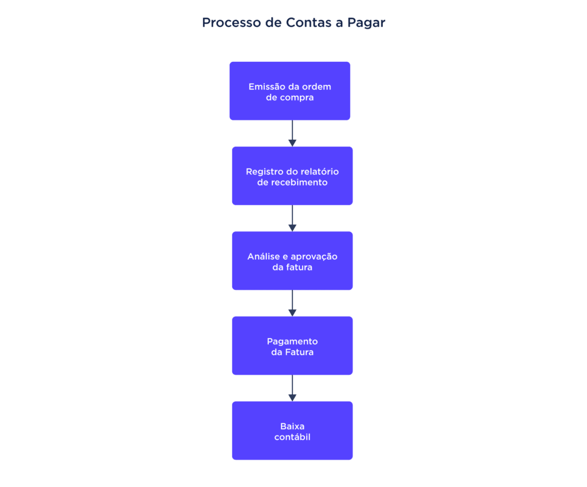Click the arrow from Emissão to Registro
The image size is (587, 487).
point(292,133)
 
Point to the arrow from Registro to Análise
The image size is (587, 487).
point(292,218)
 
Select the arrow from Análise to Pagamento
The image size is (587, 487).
point(292,303)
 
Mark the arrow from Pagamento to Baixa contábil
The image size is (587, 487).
point(292,388)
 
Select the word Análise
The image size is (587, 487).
point(263,257)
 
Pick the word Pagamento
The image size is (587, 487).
point(292,341)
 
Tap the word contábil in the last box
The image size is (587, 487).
point(292,437)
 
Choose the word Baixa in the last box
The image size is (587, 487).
point(292,426)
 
